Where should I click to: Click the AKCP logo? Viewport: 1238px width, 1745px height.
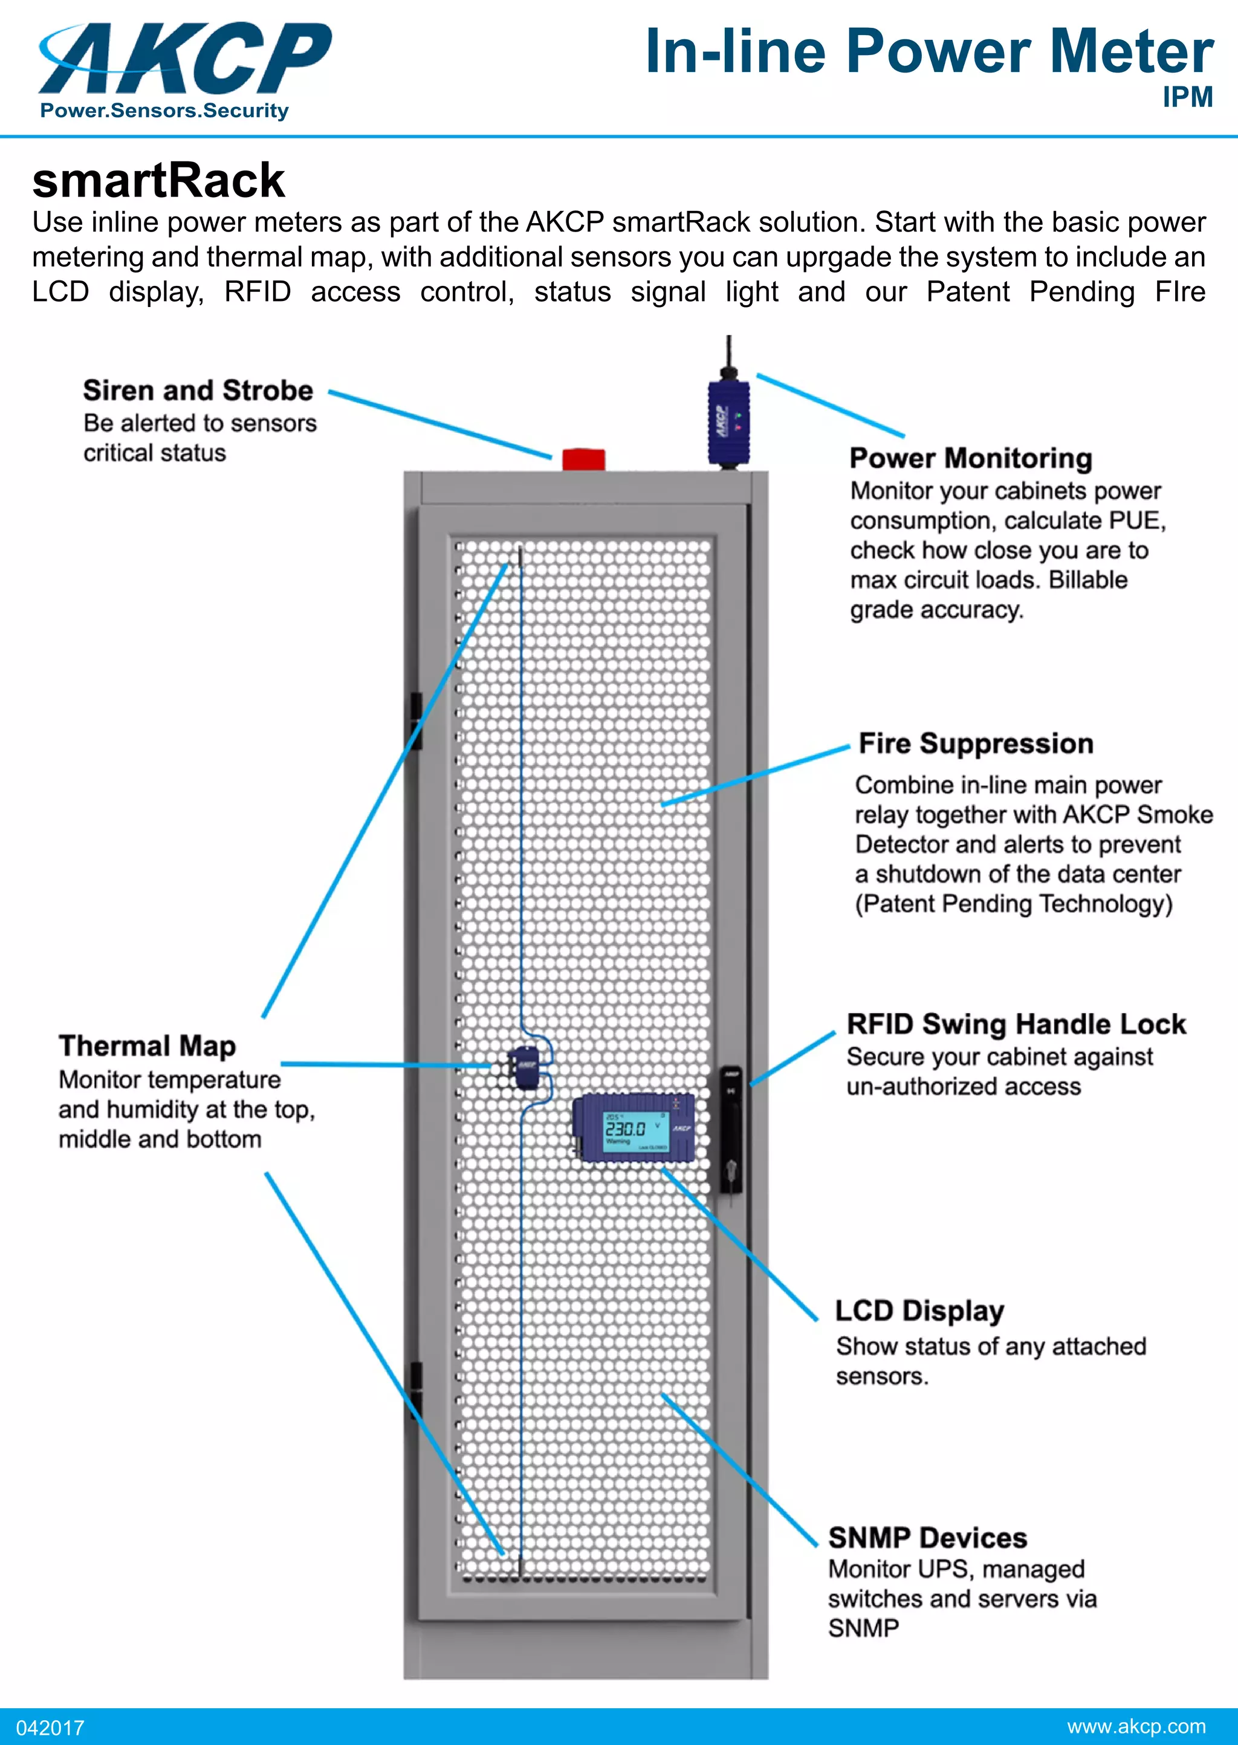point(185,59)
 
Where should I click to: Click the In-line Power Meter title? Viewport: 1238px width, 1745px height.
point(928,52)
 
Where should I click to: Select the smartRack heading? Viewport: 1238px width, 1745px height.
point(158,181)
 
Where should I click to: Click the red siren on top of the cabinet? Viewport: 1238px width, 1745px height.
point(583,460)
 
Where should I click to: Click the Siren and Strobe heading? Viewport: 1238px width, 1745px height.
point(198,390)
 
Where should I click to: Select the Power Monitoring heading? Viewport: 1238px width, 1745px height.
point(970,458)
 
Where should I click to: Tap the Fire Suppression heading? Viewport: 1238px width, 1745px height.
point(976,743)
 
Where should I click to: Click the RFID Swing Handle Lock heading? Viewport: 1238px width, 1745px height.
point(1016,1024)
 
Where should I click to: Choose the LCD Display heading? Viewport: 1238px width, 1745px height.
point(919,1310)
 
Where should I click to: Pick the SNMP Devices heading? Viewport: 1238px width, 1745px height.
point(927,1538)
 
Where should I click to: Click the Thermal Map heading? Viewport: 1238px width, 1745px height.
point(147,1046)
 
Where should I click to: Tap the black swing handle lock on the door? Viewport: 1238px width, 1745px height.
point(731,1128)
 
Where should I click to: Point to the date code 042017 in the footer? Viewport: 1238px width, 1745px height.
point(50,1727)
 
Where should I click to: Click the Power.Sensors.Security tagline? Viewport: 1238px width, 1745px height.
point(164,111)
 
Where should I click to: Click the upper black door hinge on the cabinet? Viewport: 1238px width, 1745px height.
point(416,720)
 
